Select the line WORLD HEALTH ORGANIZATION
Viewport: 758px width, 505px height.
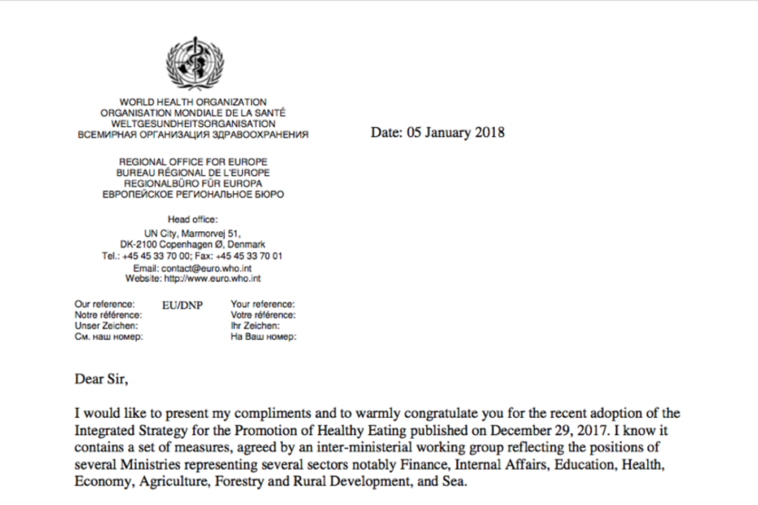[x=193, y=102]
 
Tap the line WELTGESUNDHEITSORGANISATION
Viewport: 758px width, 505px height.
[x=193, y=123]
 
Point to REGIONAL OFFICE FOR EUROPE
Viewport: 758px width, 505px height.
[x=193, y=162]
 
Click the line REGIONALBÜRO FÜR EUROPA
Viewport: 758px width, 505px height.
[x=193, y=184]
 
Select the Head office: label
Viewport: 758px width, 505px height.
[x=193, y=219]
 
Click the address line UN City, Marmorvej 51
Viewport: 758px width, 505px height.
[x=193, y=235]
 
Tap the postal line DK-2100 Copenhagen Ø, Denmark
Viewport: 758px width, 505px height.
[x=193, y=244]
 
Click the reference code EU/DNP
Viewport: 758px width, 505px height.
[x=183, y=305]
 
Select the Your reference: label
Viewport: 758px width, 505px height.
[x=262, y=304]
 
